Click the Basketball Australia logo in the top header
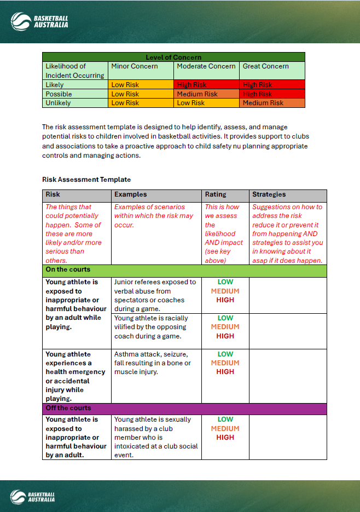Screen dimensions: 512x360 click(39, 21)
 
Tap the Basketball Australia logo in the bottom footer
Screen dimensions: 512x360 click(39, 496)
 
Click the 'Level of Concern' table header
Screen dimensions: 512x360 click(173, 57)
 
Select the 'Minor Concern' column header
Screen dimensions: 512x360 click(135, 66)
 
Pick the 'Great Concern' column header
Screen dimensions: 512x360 click(265, 66)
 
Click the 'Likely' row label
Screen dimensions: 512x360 click(55, 85)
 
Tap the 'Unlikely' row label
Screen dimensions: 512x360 click(58, 103)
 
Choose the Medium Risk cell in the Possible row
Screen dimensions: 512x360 click(197, 94)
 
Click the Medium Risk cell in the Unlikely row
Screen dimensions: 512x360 click(263, 103)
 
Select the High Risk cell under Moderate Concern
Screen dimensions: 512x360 click(192, 85)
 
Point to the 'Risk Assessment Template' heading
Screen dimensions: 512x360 click(86, 180)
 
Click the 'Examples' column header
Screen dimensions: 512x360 click(131, 194)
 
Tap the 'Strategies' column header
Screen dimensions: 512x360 click(269, 194)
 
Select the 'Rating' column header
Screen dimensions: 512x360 click(216, 194)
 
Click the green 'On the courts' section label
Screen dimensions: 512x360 click(68, 270)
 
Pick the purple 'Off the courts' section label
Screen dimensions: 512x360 click(68, 409)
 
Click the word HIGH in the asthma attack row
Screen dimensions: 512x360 click(225, 372)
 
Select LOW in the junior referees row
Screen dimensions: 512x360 click(225, 282)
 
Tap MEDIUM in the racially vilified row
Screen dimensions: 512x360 click(225, 327)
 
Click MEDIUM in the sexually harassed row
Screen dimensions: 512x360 click(225, 429)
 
